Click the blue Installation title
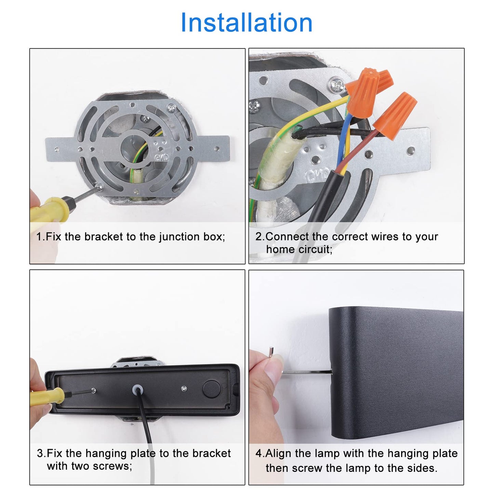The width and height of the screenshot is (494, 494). coord(246,23)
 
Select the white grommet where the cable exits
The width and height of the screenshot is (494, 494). coord(137,390)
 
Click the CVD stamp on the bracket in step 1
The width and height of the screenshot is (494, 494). coord(162,157)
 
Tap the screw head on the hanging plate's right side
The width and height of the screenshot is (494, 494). coord(184,389)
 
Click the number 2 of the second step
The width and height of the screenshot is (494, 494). coord(259,237)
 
